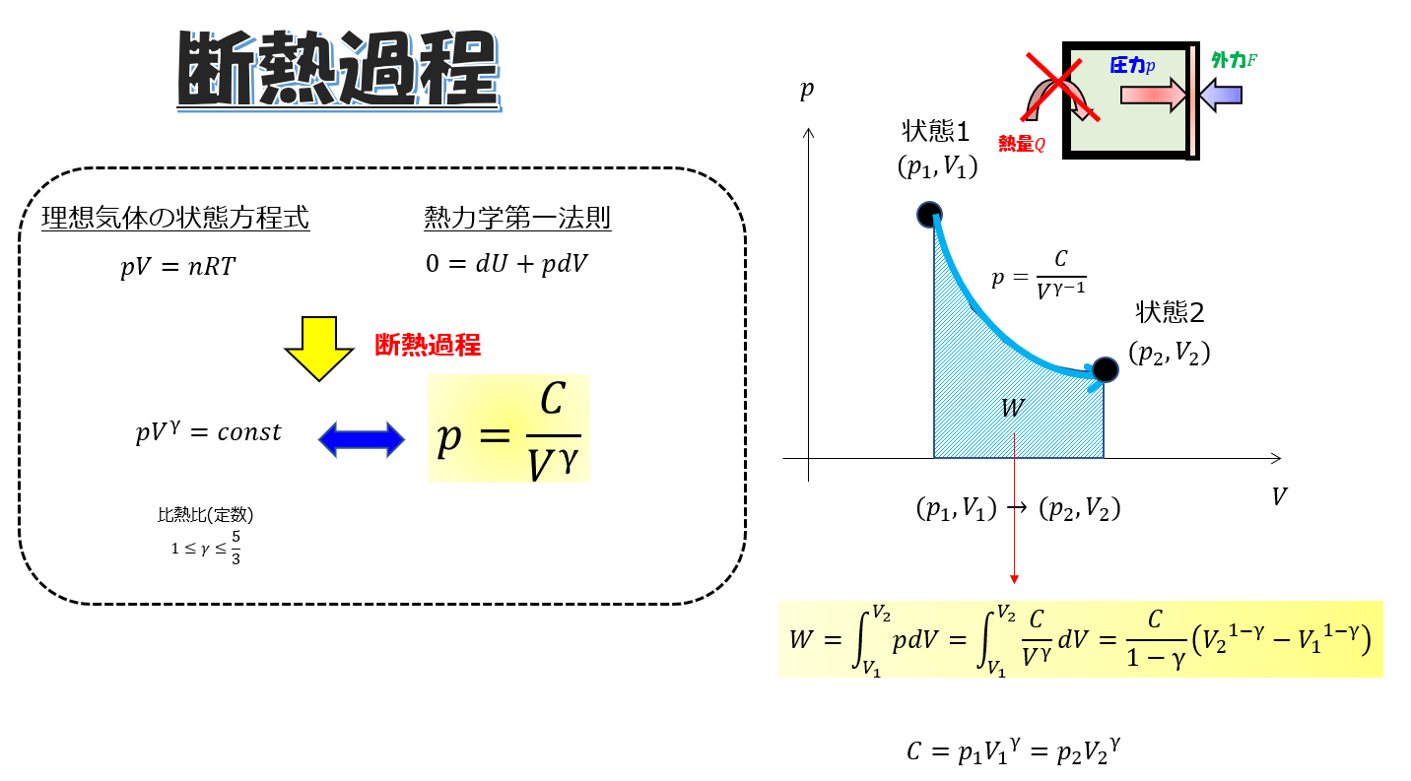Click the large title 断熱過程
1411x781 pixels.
338,71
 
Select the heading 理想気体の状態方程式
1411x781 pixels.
175,218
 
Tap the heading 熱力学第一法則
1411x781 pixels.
517,218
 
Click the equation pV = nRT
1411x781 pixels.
178,266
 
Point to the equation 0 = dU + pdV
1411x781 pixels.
506,265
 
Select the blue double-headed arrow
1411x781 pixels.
362,439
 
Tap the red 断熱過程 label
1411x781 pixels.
427,345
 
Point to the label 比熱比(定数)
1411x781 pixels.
198,515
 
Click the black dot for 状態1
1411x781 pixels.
929,215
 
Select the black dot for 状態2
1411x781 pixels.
1106,369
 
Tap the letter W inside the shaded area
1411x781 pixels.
1013,408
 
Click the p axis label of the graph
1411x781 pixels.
807,90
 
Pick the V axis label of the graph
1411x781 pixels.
1279,496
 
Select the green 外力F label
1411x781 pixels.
1234,60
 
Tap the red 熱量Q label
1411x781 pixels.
1021,144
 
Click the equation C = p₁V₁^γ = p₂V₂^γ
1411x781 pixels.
1015,751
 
